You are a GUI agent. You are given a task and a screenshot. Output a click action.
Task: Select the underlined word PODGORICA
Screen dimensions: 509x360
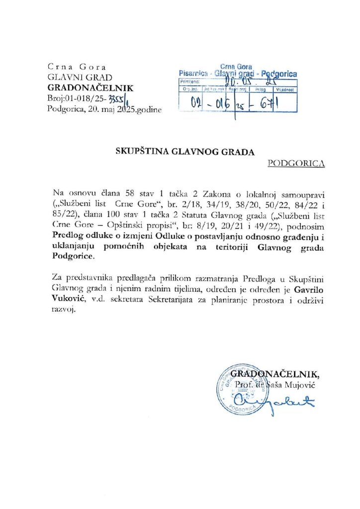[x=296, y=163]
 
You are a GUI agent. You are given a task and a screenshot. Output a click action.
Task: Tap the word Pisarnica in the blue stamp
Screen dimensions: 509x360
[x=193, y=74]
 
